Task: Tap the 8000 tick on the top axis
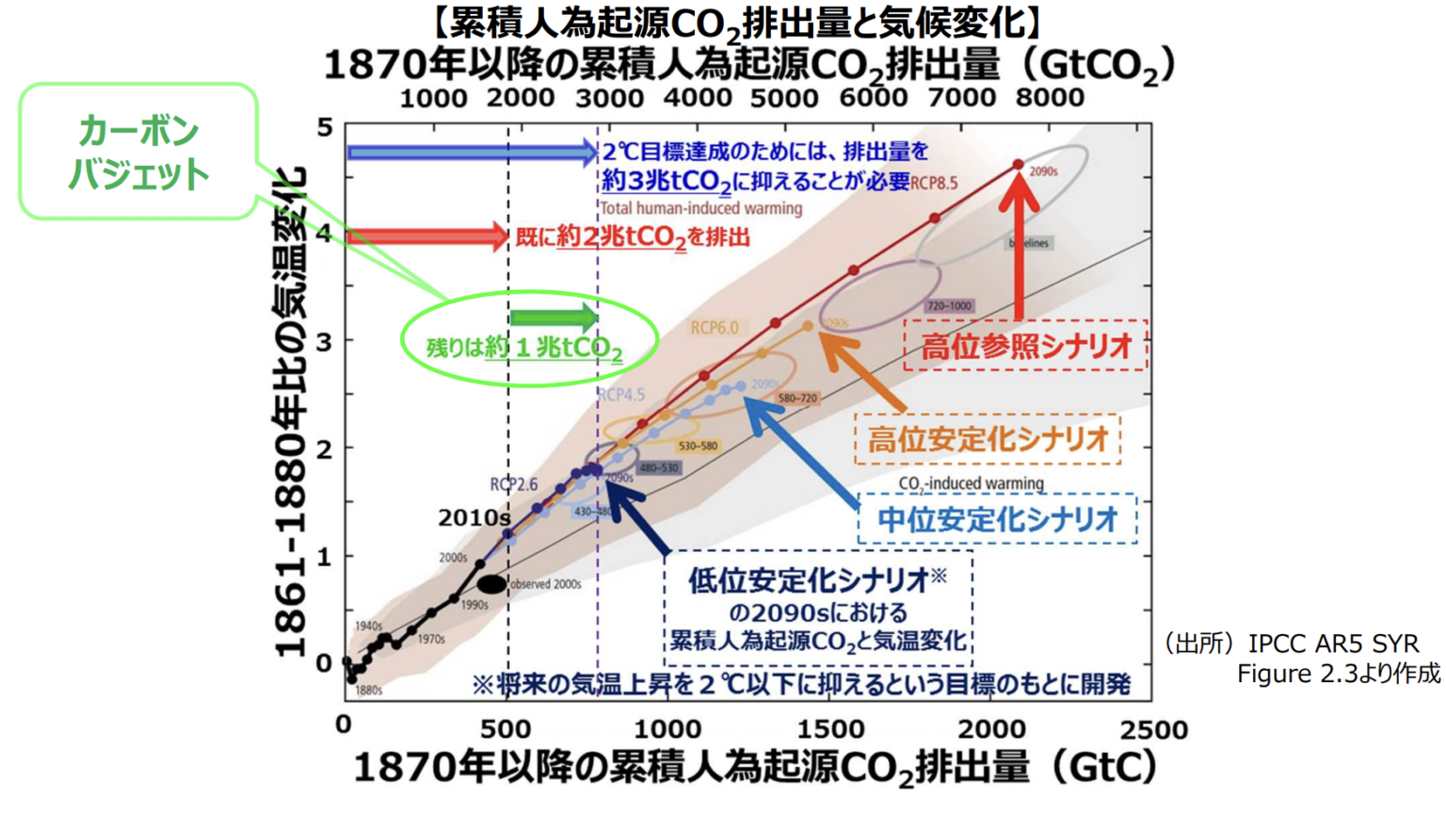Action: coord(1050,97)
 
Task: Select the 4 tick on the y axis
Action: coord(325,234)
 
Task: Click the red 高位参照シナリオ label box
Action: coord(1025,347)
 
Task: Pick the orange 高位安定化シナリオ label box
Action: coord(988,439)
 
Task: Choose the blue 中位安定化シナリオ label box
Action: coord(997,519)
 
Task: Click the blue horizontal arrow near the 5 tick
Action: coord(471,152)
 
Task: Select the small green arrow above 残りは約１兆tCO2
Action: coord(554,318)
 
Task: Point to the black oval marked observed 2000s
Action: coord(491,584)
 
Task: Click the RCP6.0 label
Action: coord(715,328)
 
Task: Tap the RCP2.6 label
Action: coord(513,484)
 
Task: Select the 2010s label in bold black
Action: coord(474,518)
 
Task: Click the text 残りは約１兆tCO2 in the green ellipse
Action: coord(525,349)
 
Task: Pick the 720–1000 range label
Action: coord(948,306)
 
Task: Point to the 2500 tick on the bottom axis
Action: coord(1154,729)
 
